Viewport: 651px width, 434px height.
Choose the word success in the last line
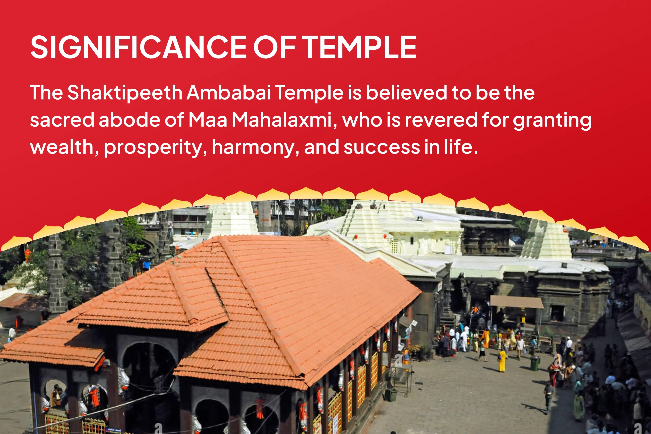[x=382, y=147]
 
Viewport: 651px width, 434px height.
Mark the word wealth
[x=62, y=147]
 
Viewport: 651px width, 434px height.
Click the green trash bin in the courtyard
[x=535, y=363]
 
